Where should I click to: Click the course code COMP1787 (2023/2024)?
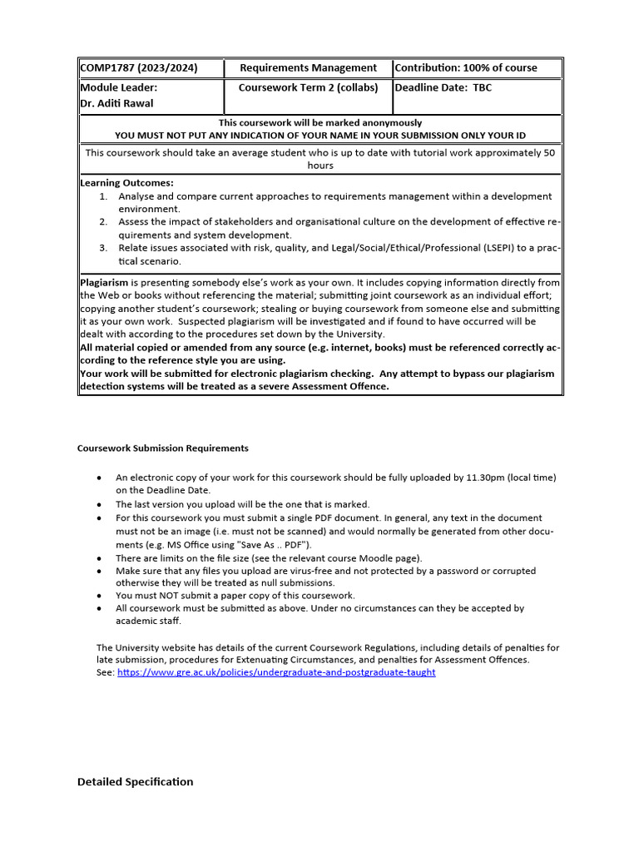point(139,67)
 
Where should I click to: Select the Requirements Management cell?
point(308,67)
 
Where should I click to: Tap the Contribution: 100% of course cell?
point(466,67)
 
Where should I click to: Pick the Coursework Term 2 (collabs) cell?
point(308,87)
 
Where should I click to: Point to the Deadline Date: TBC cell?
point(443,87)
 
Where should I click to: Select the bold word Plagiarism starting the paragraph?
point(104,283)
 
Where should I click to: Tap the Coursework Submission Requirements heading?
point(162,448)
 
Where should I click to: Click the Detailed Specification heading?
point(135,781)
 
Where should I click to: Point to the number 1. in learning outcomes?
point(103,196)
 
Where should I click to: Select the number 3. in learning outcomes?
point(103,247)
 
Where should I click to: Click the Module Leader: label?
point(117,87)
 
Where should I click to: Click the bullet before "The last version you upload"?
point(100,504)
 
